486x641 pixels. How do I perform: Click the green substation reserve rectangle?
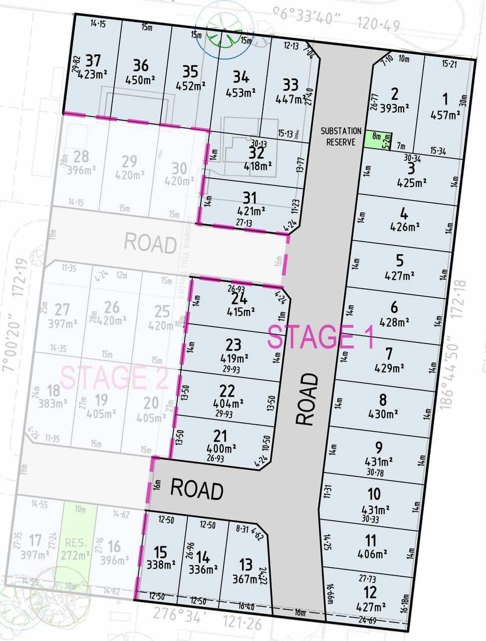[379, 139]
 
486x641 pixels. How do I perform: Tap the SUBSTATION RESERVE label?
[341, 136]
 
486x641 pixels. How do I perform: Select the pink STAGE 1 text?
[320, 337]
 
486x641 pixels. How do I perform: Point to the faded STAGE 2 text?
[114, 377]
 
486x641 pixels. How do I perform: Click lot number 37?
[93, 61]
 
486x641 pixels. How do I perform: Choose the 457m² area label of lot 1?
[445, 115]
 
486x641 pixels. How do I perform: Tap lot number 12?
[370, 593]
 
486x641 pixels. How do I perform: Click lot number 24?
[240, 299]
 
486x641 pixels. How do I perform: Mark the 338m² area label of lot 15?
[161, 565]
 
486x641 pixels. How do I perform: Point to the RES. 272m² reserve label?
[76, 549]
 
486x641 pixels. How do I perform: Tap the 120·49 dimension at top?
[378, 23]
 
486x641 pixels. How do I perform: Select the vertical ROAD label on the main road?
[307, 399]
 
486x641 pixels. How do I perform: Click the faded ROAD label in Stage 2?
[150, 244]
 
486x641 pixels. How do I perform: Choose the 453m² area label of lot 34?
[241, 92]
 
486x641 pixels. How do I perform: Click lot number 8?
[383, 400]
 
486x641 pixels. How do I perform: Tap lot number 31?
[249, 198]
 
